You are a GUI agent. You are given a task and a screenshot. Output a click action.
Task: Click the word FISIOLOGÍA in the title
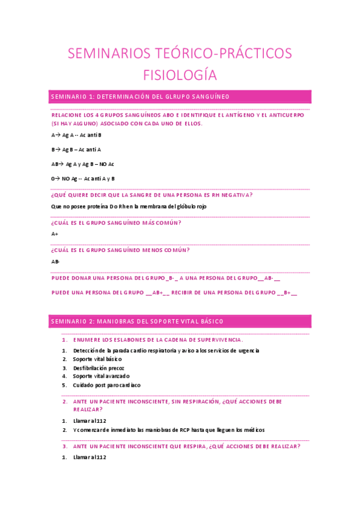coord(180,75)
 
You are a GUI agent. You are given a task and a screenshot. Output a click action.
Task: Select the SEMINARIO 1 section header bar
coord(180,96)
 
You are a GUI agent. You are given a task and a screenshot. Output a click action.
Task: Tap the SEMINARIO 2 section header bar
coord(180,322)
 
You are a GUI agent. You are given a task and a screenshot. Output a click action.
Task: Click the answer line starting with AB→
coord(83,164)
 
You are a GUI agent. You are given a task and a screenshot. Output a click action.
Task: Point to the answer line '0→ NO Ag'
coord(83,178)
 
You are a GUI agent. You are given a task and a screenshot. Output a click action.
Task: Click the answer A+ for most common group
coord(55,233)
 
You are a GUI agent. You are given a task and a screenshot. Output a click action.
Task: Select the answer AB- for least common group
coord(55,261)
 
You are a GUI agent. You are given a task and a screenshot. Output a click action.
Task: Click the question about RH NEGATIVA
coord(152,195)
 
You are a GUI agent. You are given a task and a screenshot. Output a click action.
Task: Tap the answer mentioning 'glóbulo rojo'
coord(129,206)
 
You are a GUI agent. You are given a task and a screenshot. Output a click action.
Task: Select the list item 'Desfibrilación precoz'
coord(99,367)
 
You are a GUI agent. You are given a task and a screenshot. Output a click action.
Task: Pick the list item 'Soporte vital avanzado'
coord(101,376)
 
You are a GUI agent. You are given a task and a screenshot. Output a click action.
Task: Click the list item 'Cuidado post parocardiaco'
coord(106,385)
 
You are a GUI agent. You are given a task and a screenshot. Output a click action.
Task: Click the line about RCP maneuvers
coord(168,429)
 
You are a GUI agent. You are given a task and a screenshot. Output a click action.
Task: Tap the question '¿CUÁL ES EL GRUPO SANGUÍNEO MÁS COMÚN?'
coord(117,223)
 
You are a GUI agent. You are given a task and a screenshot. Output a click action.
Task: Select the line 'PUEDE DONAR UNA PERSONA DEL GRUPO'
coord(166,278)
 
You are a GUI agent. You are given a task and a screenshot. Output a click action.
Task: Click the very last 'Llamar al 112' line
coord(90,457)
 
